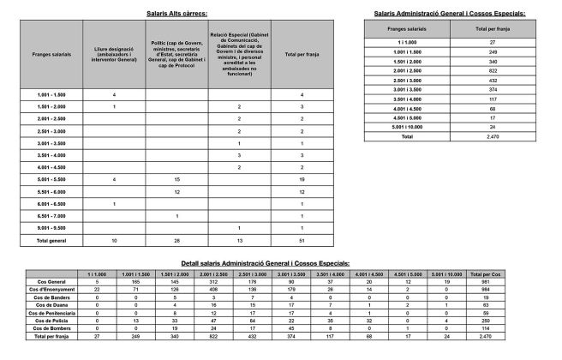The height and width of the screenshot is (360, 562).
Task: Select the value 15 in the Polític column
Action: pyautogui.click(x=176, y=179)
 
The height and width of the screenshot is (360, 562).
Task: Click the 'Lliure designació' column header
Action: pyautogui.click(x=114, y=53)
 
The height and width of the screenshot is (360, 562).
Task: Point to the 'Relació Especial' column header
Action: pyautogui.click(x=239, y=53)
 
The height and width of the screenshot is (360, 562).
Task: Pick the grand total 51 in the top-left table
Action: pyautogui.click(x=302, y=241)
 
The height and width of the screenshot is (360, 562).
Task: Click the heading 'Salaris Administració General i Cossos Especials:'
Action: pyautogui.click(x=450, y=14)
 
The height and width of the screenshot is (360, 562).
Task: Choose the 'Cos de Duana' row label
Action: pyautogui.click(x=49, y=304)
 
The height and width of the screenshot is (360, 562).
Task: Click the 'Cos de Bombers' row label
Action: pyautogui.click(x=49, y=327)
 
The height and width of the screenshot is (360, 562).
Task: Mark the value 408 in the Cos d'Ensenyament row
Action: pyautogui.click(x=212, y=289)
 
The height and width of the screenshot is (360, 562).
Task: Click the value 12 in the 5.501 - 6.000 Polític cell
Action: pyautogui.click(x=176, y=191)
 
